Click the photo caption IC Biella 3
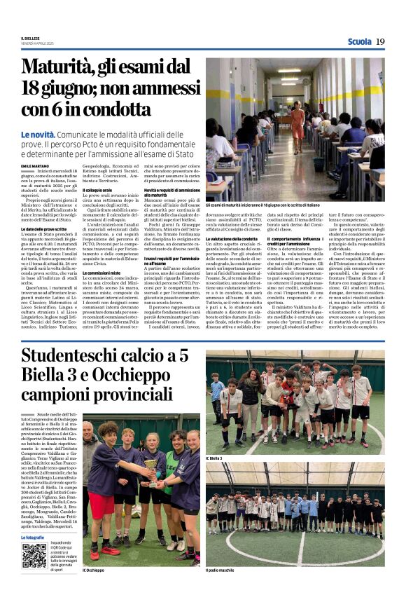(x=215, y=458)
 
